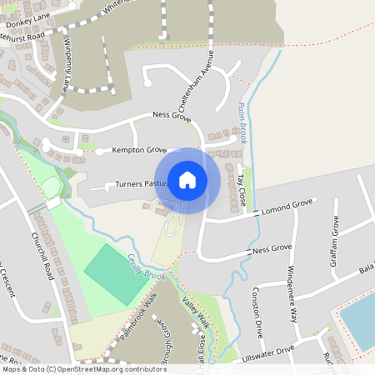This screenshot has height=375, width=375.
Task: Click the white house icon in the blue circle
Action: coord(187,180)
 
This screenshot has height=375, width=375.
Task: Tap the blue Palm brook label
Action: coord(242,122)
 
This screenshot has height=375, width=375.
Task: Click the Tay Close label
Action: coord(241,190)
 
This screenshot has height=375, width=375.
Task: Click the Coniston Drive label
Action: coord(257,312)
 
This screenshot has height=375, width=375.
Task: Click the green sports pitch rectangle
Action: coord(114,273)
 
